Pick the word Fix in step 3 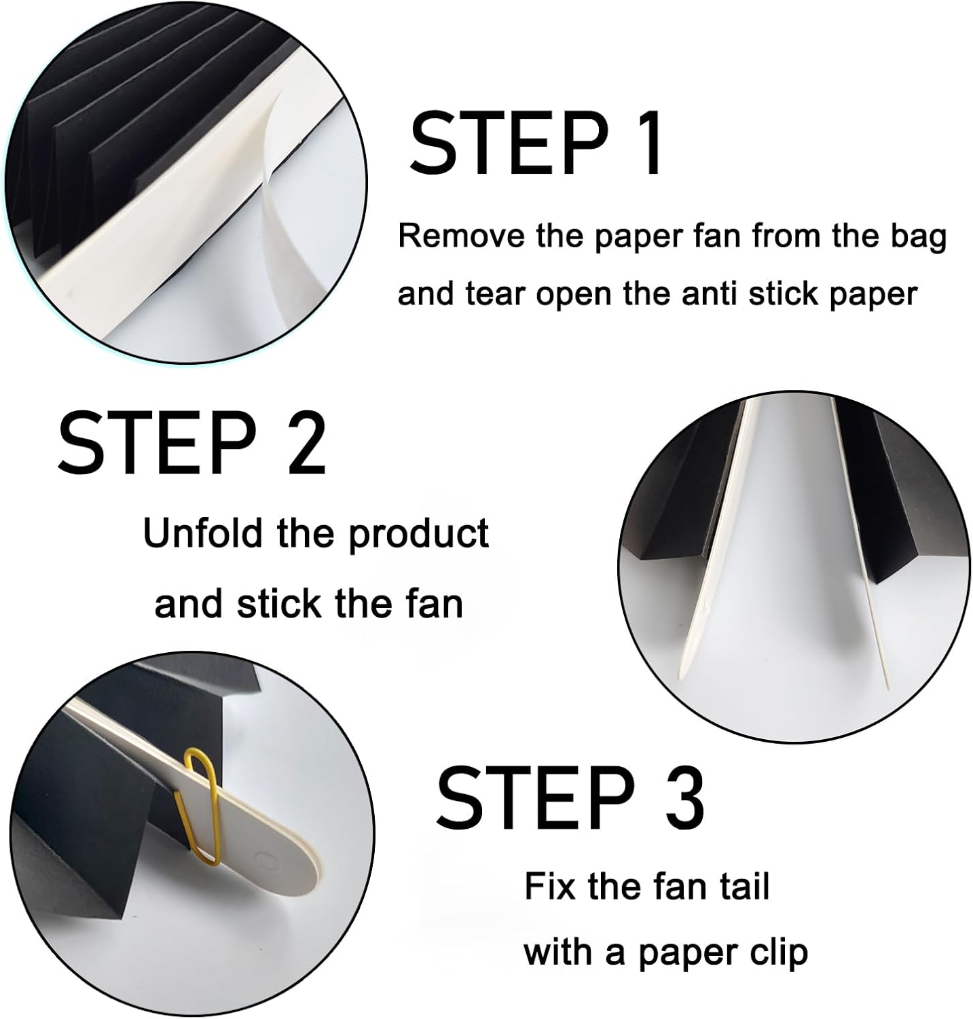pyautogui.click(x=551, y=887)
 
